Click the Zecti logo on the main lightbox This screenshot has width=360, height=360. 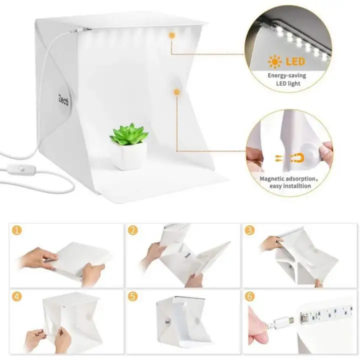click(x=63, y=100)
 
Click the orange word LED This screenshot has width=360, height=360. click(x=295, y=61)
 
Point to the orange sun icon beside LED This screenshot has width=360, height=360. click(x=275, y=62)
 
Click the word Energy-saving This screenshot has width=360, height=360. click(x=287, y=75)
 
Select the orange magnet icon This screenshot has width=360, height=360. click(x=297, y=158)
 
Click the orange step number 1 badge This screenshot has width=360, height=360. click(x=17, y=230)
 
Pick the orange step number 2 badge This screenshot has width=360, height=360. click(x=133, y=230)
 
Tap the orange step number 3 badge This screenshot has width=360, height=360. click(x=249, y=230)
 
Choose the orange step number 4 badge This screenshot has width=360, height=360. click(x=17, y=296)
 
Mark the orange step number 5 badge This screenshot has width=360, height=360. click(x=133, y=296)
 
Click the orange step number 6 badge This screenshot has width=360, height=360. click(x=249, y=296)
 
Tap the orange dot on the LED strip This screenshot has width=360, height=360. click(x=171, y=35)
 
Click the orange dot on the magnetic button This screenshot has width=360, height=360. click(x=176, y=92)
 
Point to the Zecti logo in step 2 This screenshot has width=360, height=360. click(x=187, y=255)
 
